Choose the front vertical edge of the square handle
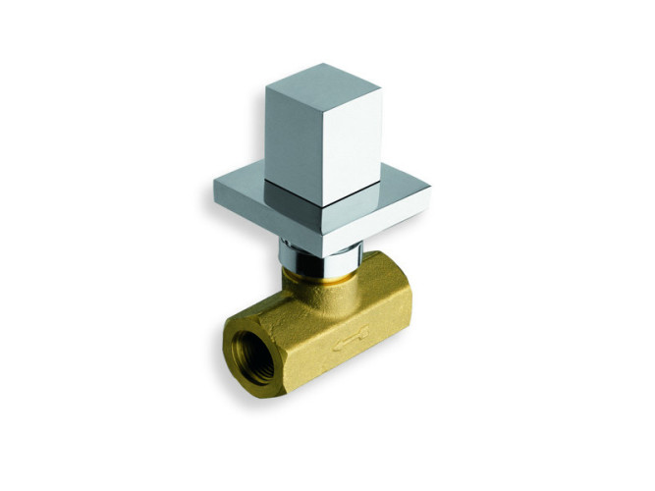[x=325, y=157]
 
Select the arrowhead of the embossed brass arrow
[x=337, y=343]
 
